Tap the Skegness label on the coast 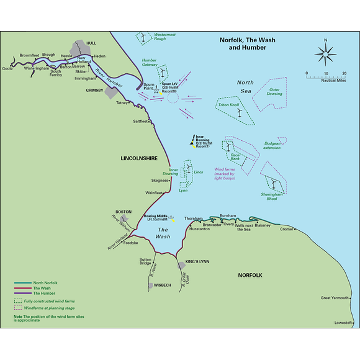coord(160,181)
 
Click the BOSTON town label coord(124,212)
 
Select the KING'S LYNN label coord(197,262)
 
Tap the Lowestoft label coord(343,322)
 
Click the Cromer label coord(286,229)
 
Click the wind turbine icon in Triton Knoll coord(238,113)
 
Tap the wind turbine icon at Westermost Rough coord(144,37)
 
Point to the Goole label coord(8,69)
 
